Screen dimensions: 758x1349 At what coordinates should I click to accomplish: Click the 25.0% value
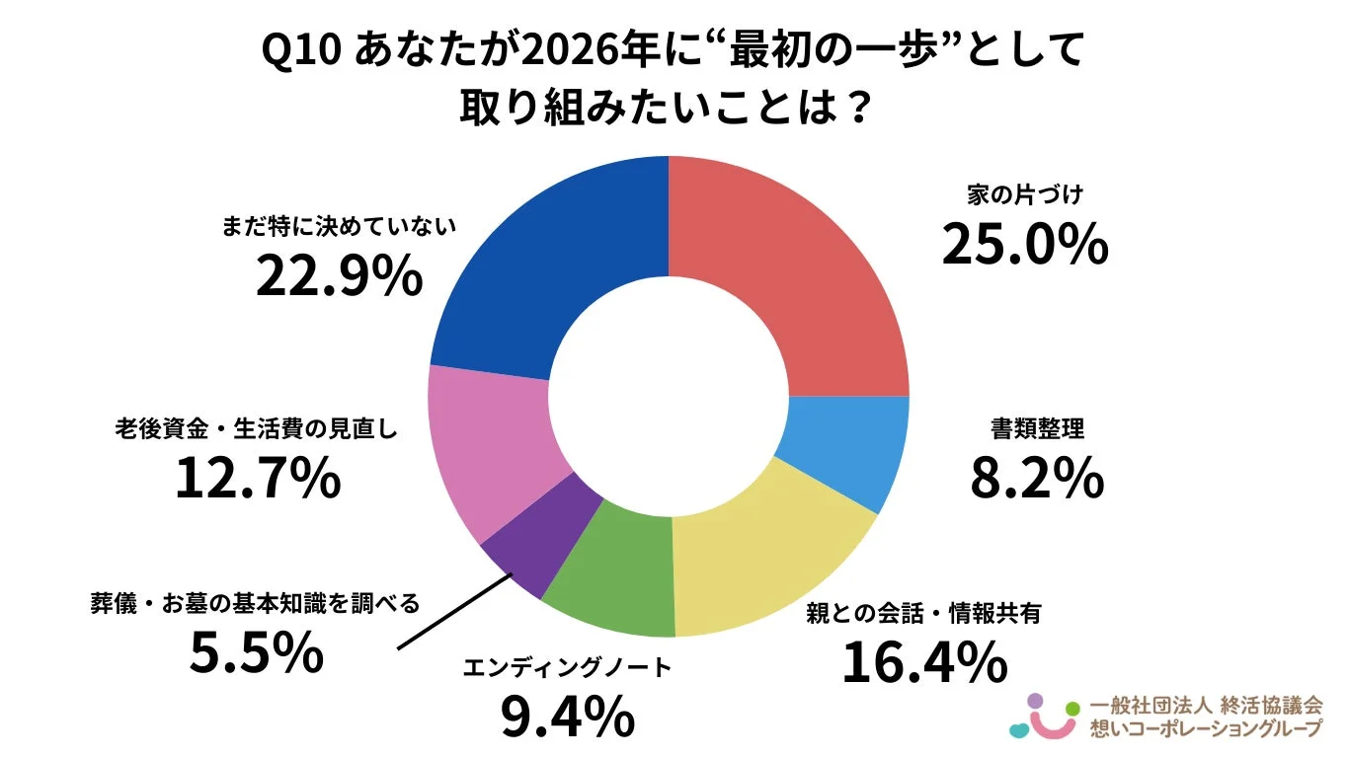1024,244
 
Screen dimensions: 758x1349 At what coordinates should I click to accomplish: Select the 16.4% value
924,662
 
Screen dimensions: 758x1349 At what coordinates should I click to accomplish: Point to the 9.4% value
567,718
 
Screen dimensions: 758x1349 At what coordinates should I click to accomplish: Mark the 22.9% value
339,277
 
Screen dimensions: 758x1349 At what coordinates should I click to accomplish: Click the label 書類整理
1037,429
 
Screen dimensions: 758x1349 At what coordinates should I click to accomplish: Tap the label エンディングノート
567,668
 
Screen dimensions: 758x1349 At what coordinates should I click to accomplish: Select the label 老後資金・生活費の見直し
257,430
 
